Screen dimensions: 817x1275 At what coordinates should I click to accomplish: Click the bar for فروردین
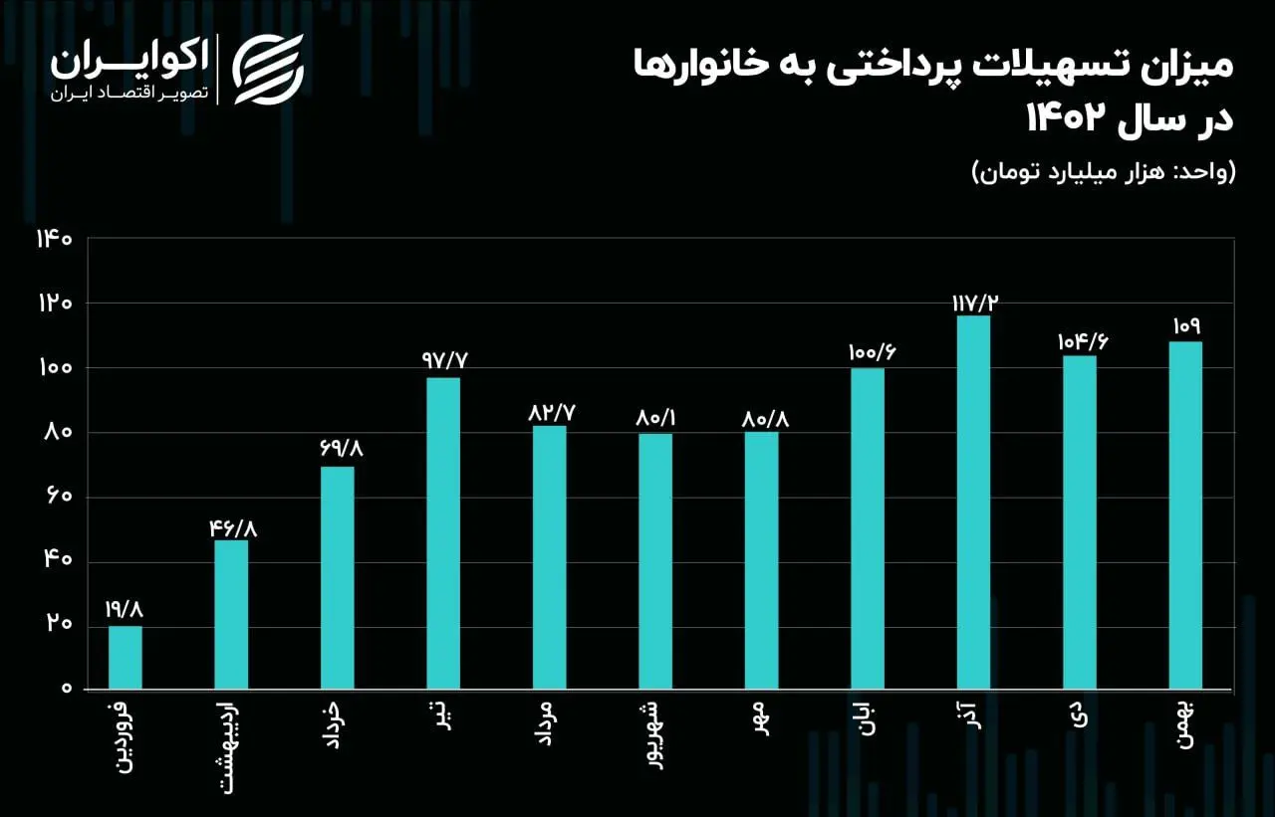point(126,657)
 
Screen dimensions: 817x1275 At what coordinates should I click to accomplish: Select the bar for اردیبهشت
point(231,614)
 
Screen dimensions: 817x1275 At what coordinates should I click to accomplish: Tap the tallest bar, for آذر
point(973,503)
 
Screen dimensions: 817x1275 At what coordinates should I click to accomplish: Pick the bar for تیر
point(443,533)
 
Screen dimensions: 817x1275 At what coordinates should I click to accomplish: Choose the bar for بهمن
point(1185,515)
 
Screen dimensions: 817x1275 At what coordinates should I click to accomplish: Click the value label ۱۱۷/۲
point(973,302)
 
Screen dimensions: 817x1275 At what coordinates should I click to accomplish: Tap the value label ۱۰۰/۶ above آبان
point(867,353)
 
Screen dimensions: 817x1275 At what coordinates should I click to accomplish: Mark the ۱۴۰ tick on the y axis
point(54,239)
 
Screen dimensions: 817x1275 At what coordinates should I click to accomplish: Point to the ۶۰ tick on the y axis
point(59,497)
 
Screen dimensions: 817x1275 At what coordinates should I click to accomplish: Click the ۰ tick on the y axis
point(67,689)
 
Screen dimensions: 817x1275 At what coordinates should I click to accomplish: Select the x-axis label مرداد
point(548,727)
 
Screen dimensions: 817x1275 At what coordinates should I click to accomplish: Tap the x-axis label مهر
point(761,719)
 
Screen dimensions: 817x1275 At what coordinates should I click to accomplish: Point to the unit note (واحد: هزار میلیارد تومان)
point(1103,172)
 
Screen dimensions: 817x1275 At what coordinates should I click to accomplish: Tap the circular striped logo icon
point(268,70)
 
